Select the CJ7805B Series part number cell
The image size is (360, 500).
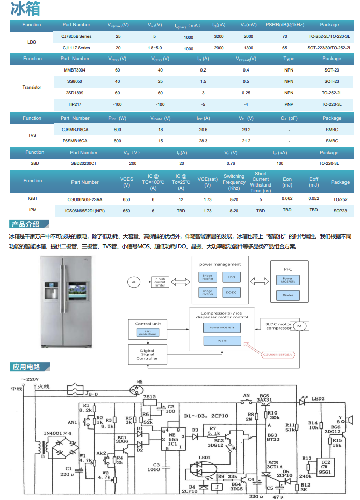76,36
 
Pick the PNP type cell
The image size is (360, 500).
289,104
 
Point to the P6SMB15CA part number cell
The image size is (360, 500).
75,141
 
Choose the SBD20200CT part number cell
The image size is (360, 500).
83,163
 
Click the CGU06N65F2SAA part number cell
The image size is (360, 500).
85,199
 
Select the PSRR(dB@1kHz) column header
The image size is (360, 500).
285,25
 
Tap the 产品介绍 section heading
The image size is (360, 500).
26,224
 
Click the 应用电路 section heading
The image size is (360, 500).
26,367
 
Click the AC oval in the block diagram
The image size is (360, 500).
134,282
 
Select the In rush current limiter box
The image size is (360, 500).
160,282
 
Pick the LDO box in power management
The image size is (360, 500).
231,277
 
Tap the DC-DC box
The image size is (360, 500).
231,292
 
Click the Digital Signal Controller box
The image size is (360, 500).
147,355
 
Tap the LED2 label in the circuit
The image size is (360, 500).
318,398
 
